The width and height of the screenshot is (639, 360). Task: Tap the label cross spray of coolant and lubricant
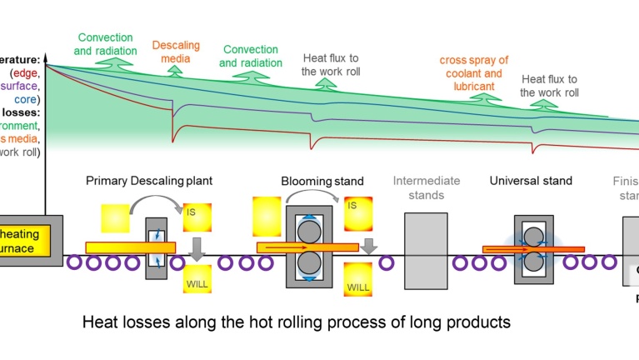(474, 72)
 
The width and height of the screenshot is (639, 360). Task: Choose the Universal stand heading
(531, 181)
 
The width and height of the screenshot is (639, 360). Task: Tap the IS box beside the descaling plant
(196, 217)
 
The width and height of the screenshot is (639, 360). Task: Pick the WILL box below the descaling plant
(197, 278)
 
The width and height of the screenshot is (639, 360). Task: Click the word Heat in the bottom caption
(98, 321)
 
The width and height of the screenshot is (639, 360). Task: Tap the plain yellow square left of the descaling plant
(117, 218)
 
